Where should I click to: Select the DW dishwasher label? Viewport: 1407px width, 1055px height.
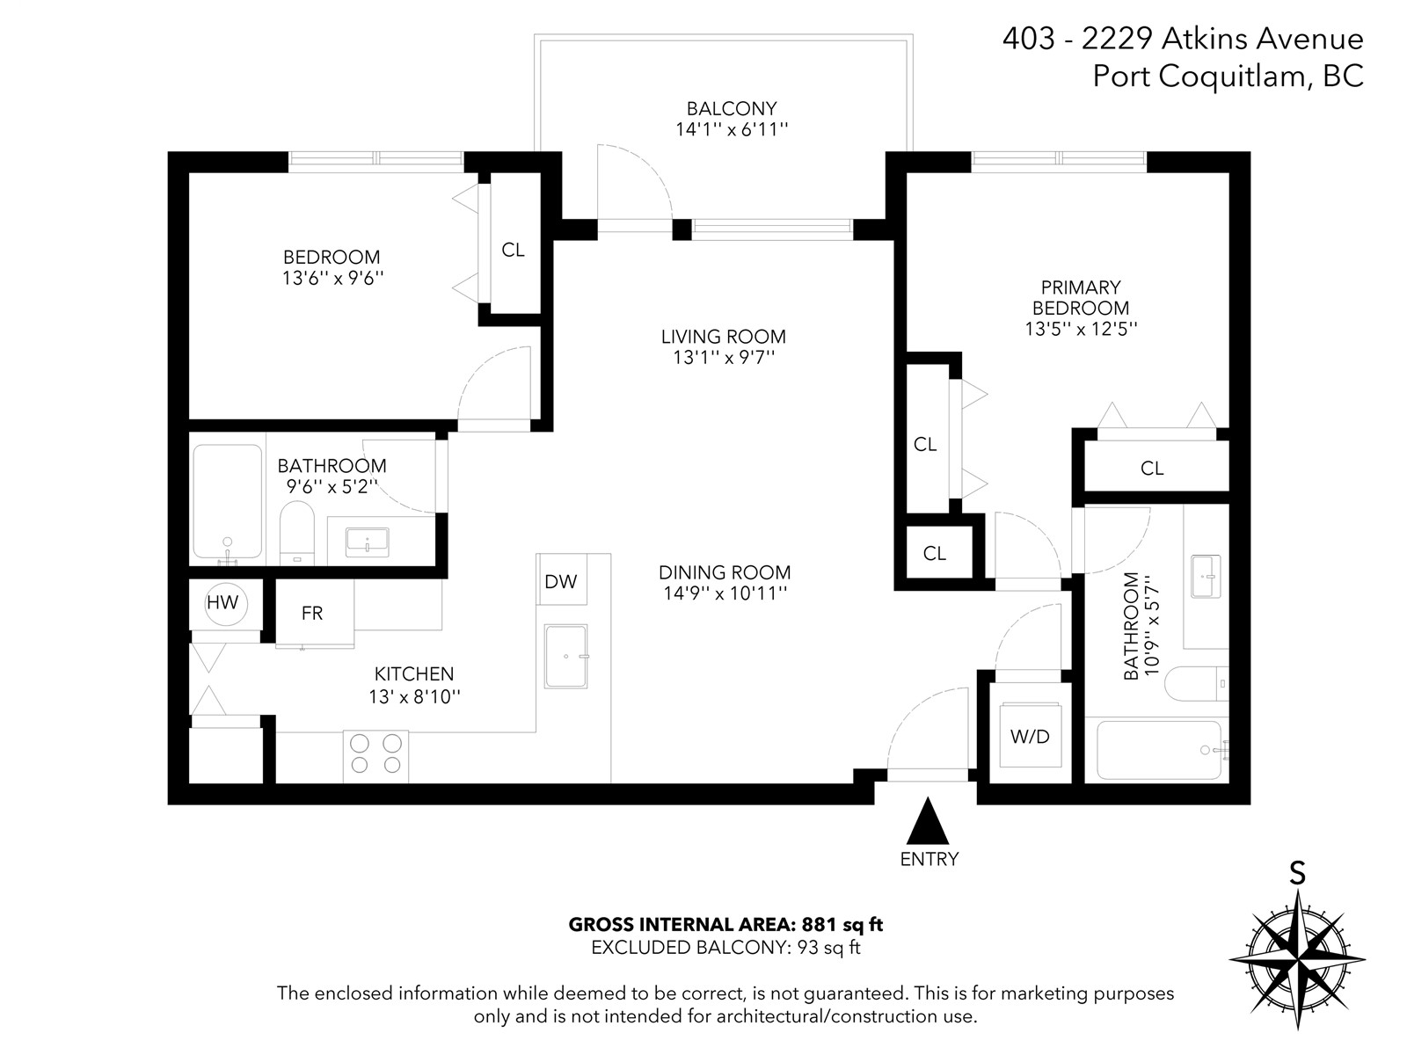click(x=560, y=582)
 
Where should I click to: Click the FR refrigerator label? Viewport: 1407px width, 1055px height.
click(x=312, y=614)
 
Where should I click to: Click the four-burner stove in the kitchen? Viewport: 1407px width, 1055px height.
click(x=375, y=756)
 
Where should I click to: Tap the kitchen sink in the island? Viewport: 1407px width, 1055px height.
click(x=565, y=657)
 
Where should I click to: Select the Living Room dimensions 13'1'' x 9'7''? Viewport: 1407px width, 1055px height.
click(x=724, y=358)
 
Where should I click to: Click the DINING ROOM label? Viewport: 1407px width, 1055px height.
click(x=725, y=572)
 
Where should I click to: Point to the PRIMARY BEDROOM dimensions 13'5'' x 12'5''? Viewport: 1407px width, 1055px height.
click(x=1081, y=329)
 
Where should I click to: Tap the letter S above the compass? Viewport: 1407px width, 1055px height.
click(x=1297, y=873)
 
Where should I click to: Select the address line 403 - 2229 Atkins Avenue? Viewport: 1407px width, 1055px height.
click(x=1183, y=39)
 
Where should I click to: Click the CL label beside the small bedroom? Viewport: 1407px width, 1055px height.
click(x=513, y=250)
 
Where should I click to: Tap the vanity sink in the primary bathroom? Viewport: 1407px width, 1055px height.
click(x=1206, y=577)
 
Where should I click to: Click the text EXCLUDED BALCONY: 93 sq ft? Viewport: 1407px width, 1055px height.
click(x=725, y=948)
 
